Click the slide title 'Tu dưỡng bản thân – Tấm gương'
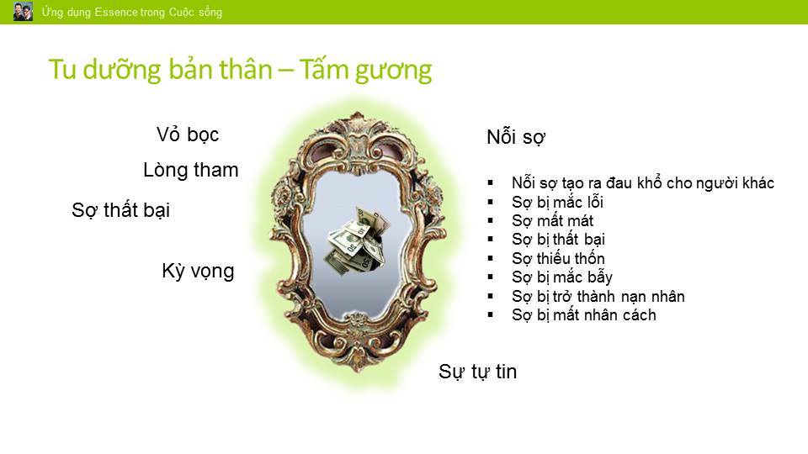coord(240,70)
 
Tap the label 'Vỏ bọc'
coord(188,135)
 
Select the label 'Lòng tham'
coord(191,171)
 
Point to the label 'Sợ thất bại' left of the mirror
coord(120,210)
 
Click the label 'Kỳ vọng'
coord(198,271)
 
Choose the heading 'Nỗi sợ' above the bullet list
coord(516,137)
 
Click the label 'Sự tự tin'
coord(477,372)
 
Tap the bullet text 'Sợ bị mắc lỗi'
coord(557,202)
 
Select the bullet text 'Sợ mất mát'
coord(552,221)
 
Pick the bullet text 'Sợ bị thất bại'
coord(558,240)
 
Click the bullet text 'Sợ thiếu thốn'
coord(558,258)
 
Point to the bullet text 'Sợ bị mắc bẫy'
coord(562,277)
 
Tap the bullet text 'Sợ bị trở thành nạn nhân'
coord(598,297)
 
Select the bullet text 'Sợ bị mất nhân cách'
coord(584,315)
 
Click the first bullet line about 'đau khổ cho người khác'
coord(642,182)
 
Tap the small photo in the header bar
coord(23,11)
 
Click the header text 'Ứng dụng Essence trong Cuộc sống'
coord(132,12)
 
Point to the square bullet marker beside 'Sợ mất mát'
coord(490,221)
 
